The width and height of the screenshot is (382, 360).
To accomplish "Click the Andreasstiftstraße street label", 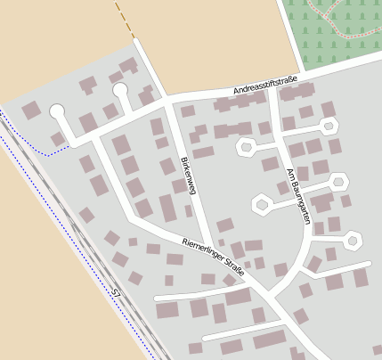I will pos(265,86).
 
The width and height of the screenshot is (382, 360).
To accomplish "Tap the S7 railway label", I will pos(117,291).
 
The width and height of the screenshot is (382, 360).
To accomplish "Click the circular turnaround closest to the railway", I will pos(58,111).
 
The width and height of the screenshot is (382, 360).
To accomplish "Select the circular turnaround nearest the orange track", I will pos(120,89).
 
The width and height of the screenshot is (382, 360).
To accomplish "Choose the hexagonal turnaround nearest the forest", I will pos(330,126).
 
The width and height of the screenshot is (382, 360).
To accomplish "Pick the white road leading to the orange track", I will pos(148,67).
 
